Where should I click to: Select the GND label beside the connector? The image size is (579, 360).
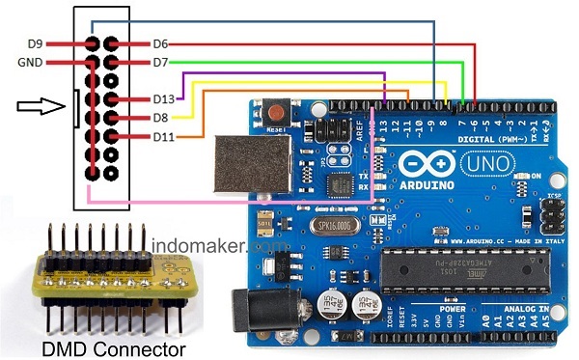[29, 63]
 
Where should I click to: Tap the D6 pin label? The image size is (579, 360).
[161, 43]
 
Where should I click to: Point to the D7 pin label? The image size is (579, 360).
[161, 63]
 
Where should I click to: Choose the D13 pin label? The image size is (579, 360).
[164, 99]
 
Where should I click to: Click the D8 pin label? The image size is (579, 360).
[161, 118]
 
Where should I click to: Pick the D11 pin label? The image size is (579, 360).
[163, 137]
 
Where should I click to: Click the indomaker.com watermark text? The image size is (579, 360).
[206, 247]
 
